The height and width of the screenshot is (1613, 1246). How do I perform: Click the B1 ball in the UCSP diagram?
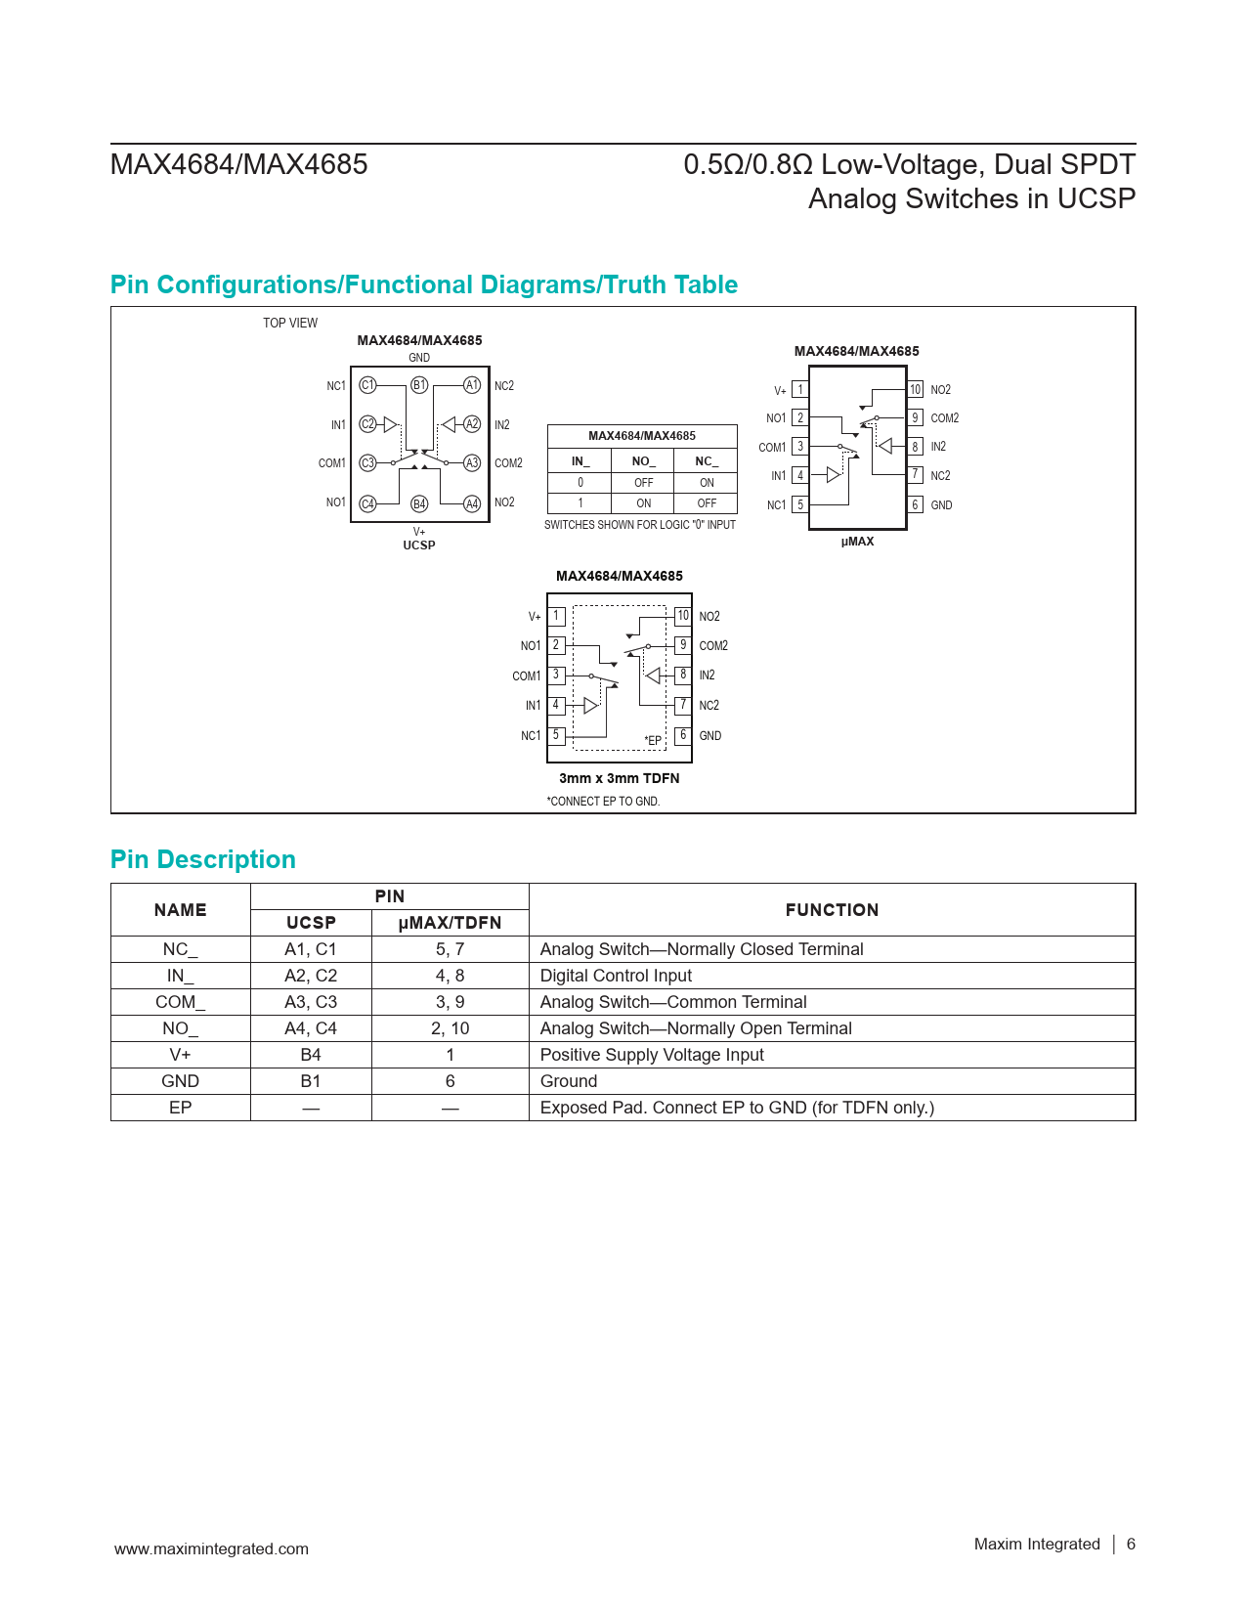click(419, 385)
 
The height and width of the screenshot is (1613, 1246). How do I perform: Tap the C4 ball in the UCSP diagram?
click(367, 503)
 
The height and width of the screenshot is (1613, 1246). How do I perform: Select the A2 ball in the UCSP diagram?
click(472, 424)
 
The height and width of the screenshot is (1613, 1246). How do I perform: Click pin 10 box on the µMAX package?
click(915, 389)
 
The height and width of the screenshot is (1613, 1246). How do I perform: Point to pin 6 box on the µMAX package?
click(915, 505)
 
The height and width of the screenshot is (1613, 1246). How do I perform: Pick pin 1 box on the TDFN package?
click(556, 616)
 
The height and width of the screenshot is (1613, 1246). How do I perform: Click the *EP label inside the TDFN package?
click(653, 741)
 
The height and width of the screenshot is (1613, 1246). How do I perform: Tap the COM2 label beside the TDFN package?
click(713, 646)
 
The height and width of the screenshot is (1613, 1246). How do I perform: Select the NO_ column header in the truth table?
click(643, 461)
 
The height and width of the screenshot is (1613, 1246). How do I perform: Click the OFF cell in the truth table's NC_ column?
click(707, 503)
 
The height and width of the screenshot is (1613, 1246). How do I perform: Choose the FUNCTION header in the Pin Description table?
click(832, 910)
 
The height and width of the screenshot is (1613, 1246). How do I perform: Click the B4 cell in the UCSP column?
click(311, 1055)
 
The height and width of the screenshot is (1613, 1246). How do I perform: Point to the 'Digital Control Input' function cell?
click(616, 976)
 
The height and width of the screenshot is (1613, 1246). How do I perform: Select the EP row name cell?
click(181, 1108)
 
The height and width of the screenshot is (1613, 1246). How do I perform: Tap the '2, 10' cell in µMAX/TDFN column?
click(451, 1028)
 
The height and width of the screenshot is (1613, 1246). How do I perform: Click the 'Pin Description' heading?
click(203, 859)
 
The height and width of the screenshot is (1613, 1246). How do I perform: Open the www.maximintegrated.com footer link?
click(211, 1548)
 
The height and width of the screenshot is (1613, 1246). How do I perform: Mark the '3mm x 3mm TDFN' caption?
click(619, 778)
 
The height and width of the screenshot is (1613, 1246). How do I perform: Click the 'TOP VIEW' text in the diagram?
click(290, 323)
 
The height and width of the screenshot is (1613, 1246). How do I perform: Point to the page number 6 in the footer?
click(1131, 1544)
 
